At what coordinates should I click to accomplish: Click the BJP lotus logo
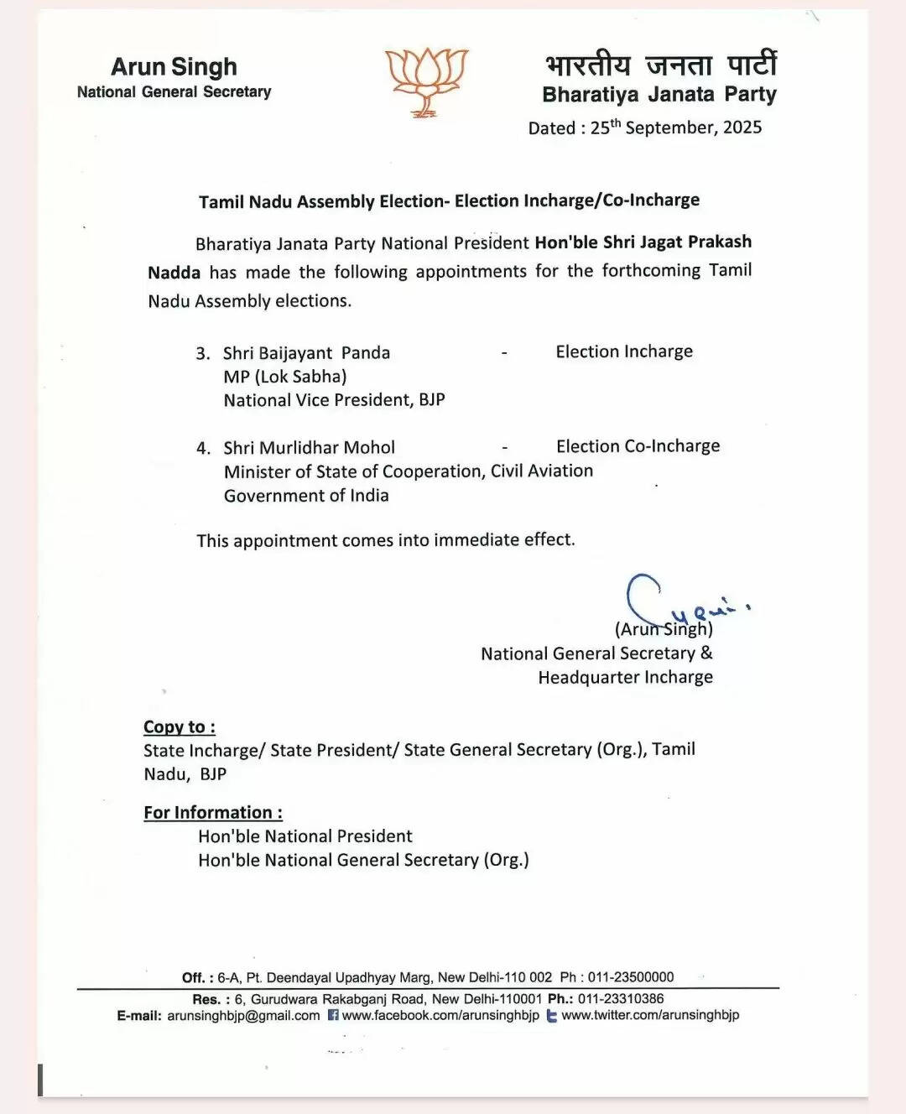tap(426, 81)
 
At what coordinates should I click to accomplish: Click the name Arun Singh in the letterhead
tap(174, 66)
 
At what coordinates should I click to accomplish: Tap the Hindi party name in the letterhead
tap(660, 65)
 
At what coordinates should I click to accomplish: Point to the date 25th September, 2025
tap(676, 128)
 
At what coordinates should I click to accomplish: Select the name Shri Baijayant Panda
tap(306, 353)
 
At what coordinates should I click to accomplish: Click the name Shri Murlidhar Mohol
tap(309, 448)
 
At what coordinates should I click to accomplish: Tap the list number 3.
tap(203, 353)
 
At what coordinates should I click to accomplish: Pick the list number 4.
tap(203, 448)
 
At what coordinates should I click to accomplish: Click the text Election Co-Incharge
tap(638, 446)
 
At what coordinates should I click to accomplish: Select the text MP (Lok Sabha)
tap(285, 377)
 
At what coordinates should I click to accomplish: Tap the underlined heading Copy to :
tap(180, 727)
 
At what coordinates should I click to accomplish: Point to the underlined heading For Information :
tap(213, 813)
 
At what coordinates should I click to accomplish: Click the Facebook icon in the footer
tap(333, 1015)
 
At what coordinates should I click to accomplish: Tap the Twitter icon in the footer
tap(551, 1016)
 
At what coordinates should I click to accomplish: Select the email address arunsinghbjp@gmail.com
tap(243, 1015)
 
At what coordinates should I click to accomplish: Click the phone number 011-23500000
tap(631, 977)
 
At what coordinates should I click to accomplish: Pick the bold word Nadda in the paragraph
tap(174, 273)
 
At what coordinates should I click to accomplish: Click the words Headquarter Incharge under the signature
tap(625, 677)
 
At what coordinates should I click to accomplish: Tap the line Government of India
tap(306, 496)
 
